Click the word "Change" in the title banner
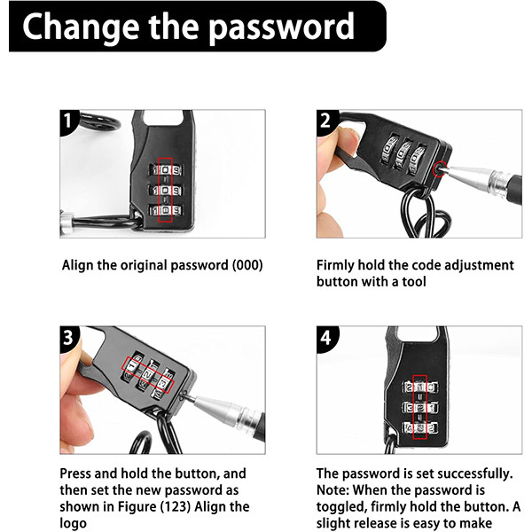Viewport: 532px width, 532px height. click(x=81, y=27)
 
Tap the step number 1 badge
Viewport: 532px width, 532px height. click(x=68, y=121)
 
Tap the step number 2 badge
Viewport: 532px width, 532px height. click(x=325, y=121)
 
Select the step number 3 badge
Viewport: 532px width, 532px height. click(x=68, y=338)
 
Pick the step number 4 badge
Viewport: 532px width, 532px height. click(x=325, y=338)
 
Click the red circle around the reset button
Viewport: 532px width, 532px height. click(x=440, y=169)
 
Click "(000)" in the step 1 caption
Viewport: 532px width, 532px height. click(x=247, y=265)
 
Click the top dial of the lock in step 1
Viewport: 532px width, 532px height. click(x=165, y=170)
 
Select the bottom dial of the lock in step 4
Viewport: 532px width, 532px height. click(x=419, y=428)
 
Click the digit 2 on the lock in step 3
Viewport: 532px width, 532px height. click(x=148, y=374)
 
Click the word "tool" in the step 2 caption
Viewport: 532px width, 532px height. click(x=414, y=282)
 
